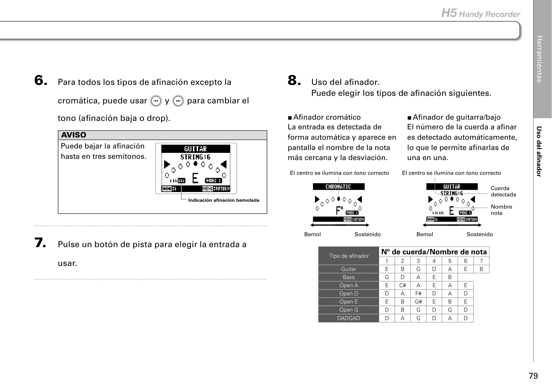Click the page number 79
[533, 376]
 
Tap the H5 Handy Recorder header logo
[481, 14]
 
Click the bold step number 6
[41, 80]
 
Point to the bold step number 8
[294, 80]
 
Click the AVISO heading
[74, 135]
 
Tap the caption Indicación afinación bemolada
[224, 200]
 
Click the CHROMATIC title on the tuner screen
[339, 187]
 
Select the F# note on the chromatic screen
[339, 210]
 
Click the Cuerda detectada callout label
[503, 191]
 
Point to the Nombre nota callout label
[501, 210]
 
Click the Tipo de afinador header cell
[349, 256]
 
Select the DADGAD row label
[349, 318]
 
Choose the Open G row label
[349, 310]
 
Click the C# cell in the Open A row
[403, 285]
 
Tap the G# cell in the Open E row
[418, 302]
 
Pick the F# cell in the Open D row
[418, 293]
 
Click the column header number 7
[481, 261]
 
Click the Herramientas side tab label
[539, 59]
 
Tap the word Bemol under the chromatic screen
[312, 234]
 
